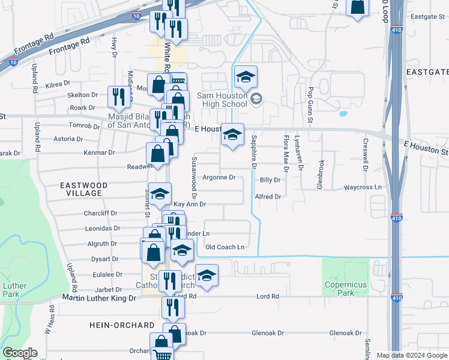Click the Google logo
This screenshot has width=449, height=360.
19,353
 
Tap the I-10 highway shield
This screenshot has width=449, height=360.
13,61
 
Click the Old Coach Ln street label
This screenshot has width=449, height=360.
225,247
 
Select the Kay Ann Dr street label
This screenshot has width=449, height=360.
190,205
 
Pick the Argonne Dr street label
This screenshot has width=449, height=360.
218,178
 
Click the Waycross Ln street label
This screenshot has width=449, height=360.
363,187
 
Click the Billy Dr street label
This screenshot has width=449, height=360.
270,180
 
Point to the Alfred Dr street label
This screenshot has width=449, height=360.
268,197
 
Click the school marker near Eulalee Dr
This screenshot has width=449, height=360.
206,274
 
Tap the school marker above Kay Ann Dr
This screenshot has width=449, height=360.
160,193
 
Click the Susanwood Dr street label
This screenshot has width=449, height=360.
194,177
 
